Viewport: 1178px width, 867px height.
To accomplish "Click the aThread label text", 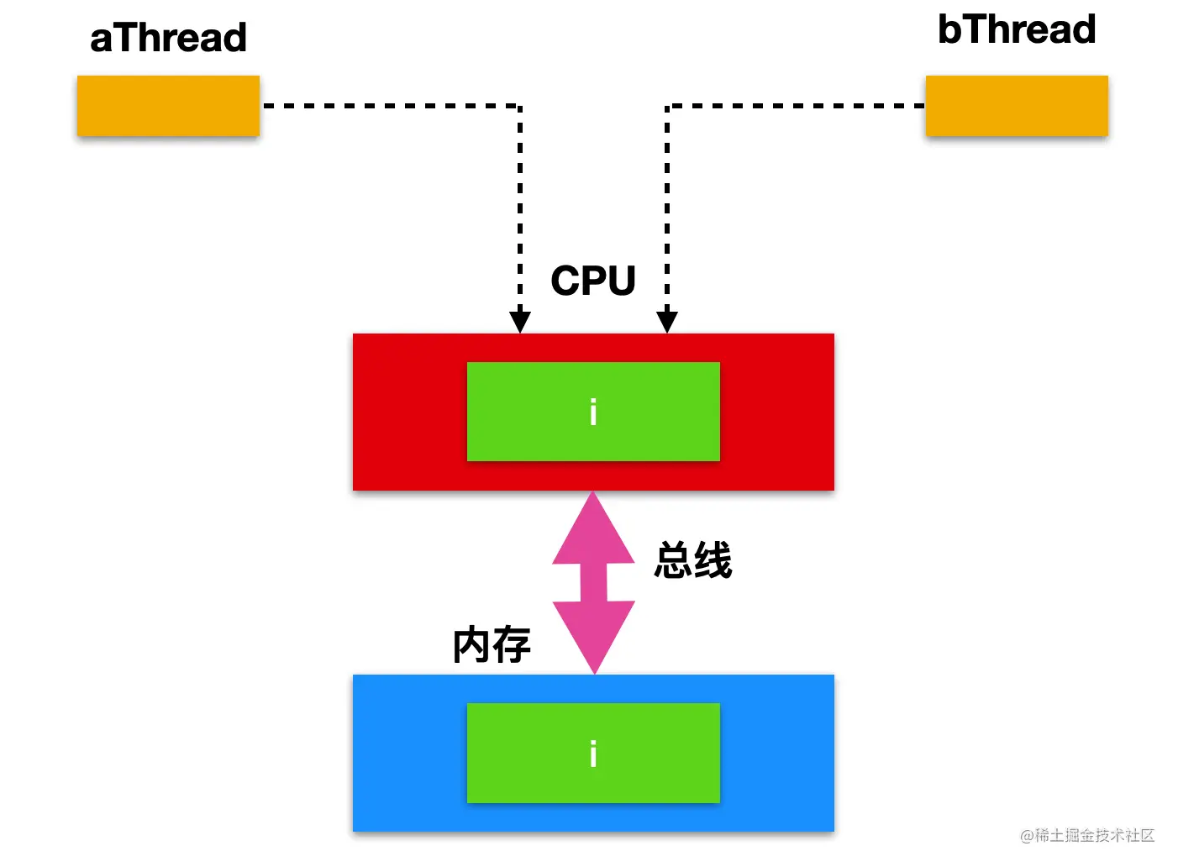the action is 168,37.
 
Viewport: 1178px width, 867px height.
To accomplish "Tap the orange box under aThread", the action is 168,106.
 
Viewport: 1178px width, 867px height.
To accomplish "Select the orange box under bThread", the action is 1017,106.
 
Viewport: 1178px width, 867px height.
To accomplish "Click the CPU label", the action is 593,281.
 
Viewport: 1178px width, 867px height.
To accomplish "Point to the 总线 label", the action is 693,560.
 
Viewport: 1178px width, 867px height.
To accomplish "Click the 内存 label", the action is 492,644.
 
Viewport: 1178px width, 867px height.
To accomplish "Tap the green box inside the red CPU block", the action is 593,412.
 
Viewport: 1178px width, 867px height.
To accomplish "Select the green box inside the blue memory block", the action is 593,753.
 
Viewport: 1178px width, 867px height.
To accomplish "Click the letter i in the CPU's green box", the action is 593,412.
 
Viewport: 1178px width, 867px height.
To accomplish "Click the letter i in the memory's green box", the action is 593,753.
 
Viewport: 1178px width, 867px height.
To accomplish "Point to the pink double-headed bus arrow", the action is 593,582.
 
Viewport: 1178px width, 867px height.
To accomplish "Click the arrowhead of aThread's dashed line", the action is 519,322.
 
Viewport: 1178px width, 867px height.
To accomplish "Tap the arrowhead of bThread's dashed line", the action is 667,322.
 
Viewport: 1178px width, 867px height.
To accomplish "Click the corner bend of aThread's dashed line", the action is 519,106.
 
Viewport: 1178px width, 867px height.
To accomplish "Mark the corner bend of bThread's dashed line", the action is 667,106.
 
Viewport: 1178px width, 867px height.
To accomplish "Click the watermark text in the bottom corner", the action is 1087,835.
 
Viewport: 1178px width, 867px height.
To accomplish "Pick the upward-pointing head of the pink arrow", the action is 593,528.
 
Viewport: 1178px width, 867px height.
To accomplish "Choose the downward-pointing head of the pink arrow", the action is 594,638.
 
